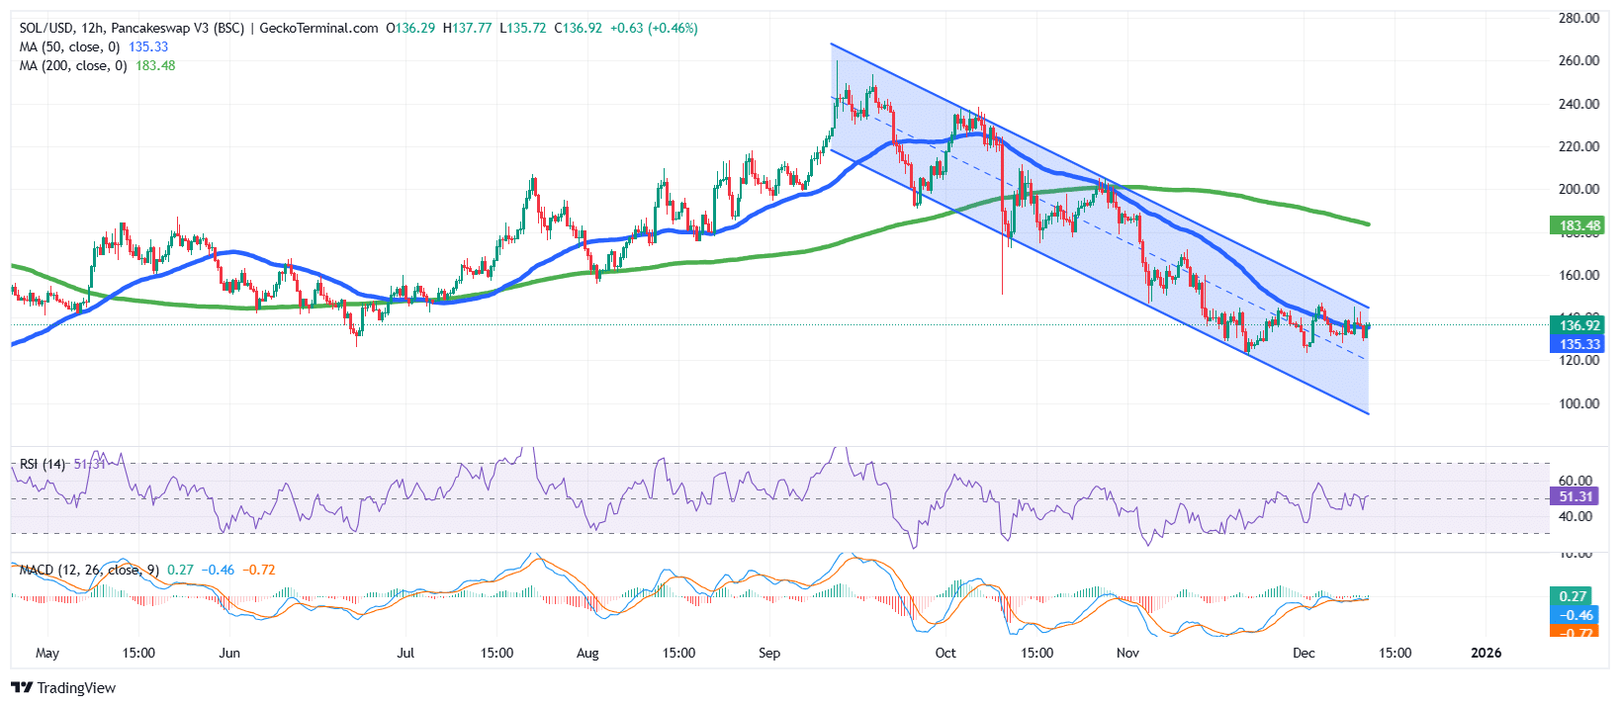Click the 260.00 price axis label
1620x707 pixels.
pyautogui.click(x=1578, y=60)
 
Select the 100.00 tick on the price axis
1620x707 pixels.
pyautogui.click(x=1578, y=403)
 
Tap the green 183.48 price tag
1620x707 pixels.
pyautogui.click(x=1579, y=226)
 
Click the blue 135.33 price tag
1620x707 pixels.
pyautogui.click(x=1579, y=344)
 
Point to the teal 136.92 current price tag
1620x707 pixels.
pyautogui.click(x=1579, y=325)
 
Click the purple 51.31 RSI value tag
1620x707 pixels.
pyautogui.click(x=1575, y=496)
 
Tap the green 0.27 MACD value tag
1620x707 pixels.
pyautogui.click(x=1573, y=596)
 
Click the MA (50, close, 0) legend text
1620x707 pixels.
pyautogui.click(x=69, y=46)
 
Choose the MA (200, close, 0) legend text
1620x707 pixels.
pyautogui.click(x=73, y=65)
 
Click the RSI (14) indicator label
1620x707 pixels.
pyautogui.click(x=43, y=464)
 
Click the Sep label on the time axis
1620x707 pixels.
pyautogui.click(x=769, y=653)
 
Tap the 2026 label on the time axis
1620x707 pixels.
pyautogui.click(x=1485, y=653)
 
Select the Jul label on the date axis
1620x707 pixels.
pyautogui.click(x=405, y=653)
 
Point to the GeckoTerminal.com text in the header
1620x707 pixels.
pyautogui.click(x=318, y=28)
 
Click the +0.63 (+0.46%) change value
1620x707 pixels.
pyautogui.click(x=654, y=28)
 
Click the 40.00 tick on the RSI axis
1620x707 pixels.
pyautogui.click(x=1575, y=516)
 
